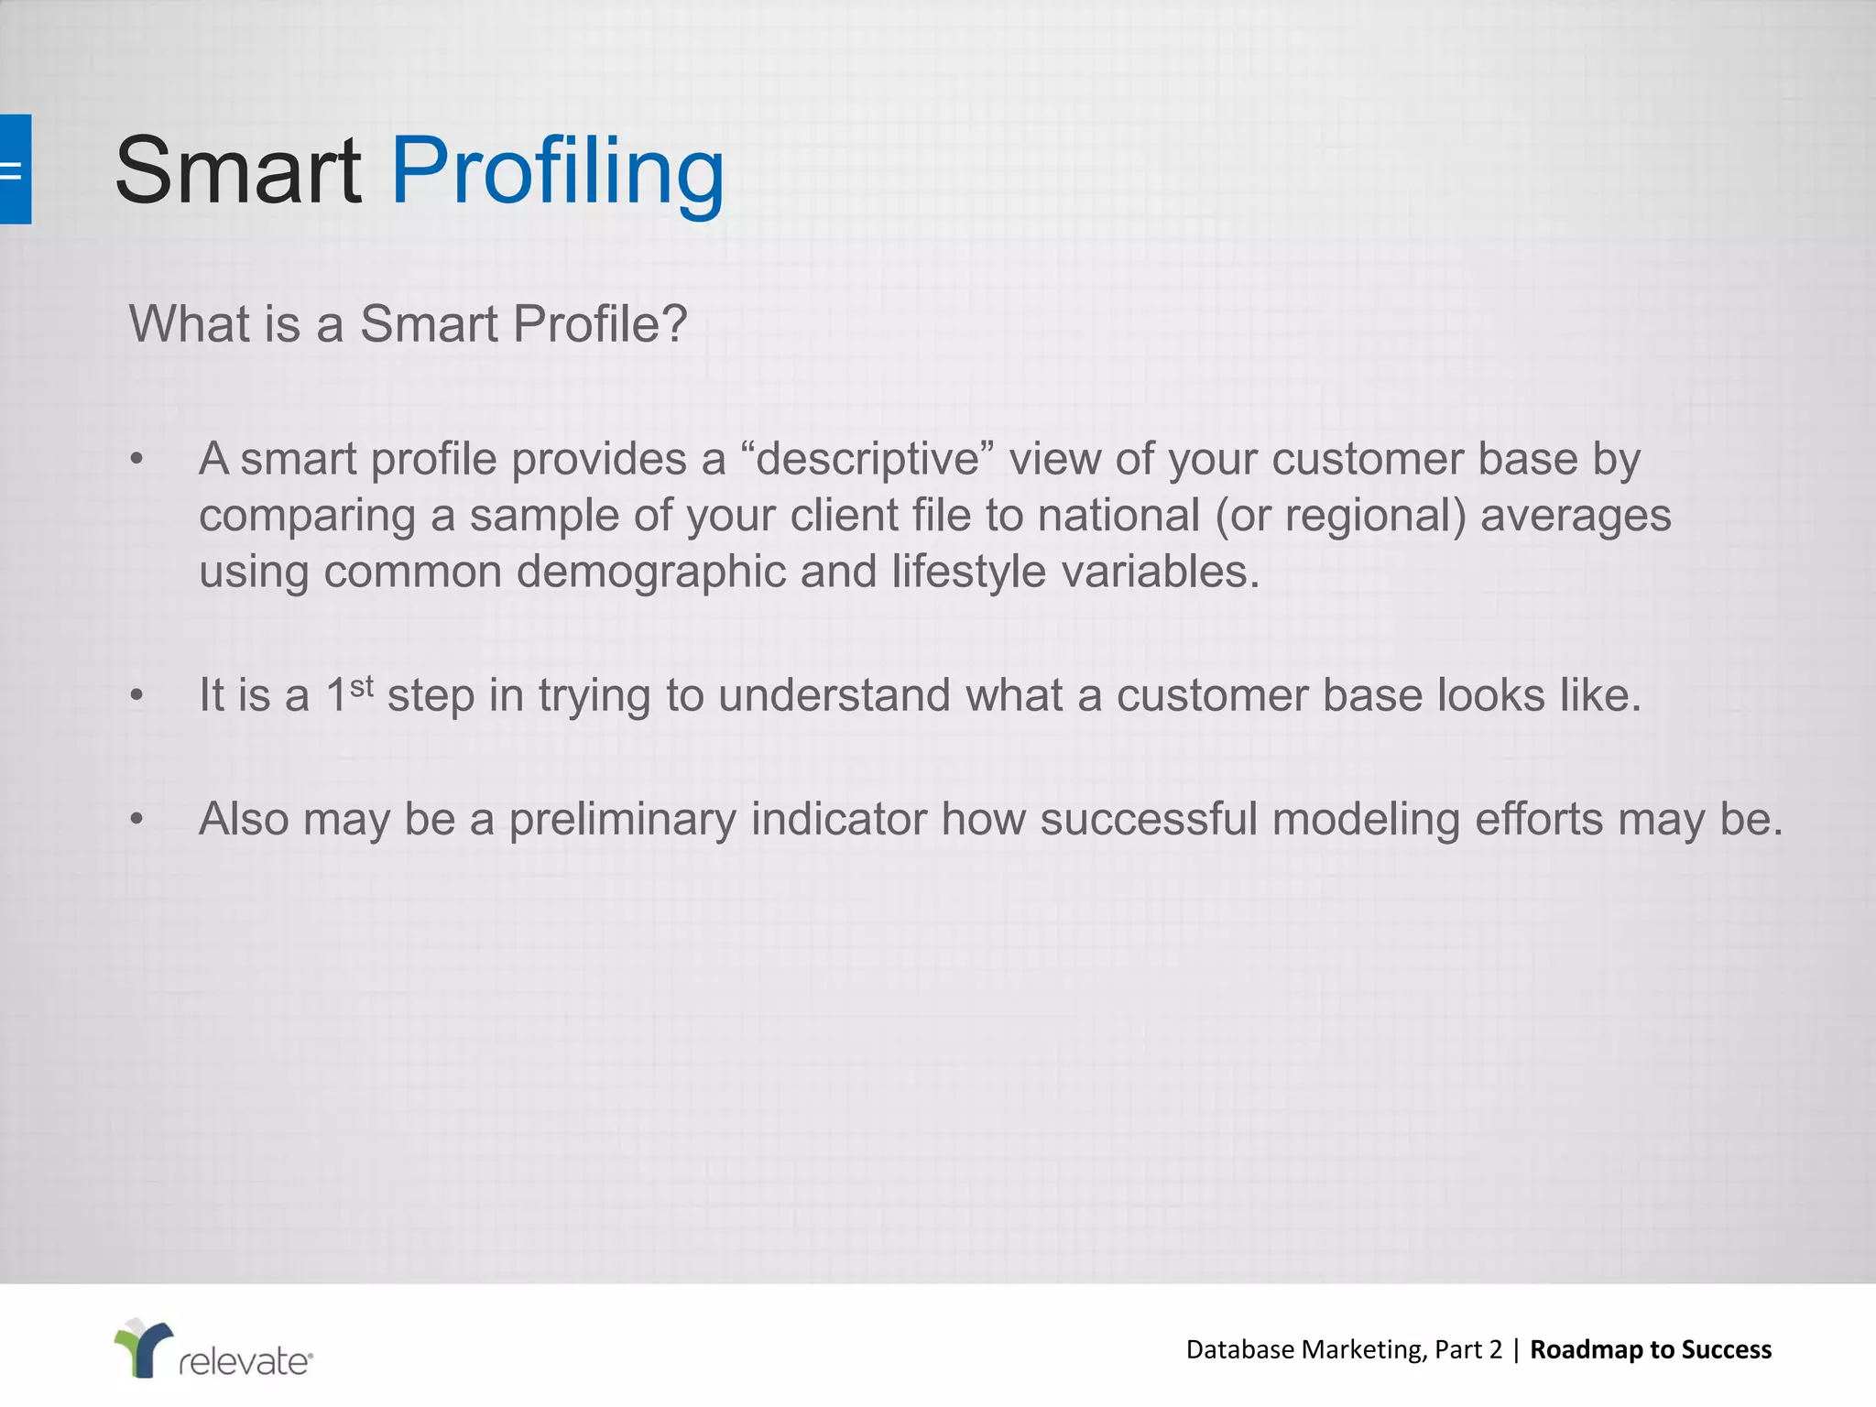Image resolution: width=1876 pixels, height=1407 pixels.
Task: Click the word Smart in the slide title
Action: click(238, 171)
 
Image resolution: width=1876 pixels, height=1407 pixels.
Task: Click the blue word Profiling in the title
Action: click(558, 171)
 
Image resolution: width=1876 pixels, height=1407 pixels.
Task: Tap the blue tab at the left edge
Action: click(15, 169)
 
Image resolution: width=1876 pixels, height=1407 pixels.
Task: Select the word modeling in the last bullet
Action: click(1366, 820)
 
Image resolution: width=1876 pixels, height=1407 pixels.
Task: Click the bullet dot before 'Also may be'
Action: click(136, 819)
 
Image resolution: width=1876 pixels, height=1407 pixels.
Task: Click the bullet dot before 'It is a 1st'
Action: click(136, 695)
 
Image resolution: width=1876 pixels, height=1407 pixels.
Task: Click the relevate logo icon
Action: click(143, 1347)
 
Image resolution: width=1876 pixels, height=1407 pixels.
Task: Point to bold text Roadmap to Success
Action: click(1650, 1349)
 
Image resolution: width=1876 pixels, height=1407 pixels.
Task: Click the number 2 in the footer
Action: click(1495, 1349)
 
